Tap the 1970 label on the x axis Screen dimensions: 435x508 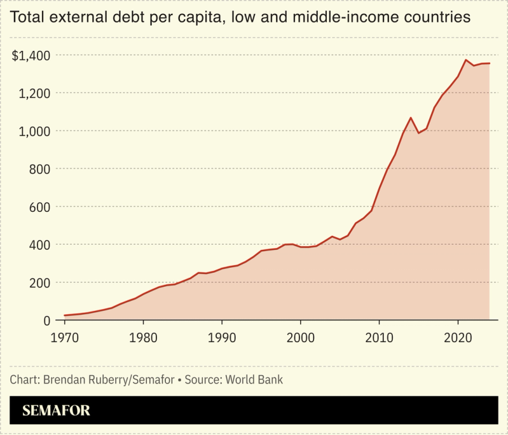coord(65,337)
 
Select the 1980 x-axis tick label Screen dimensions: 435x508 coord(144,337)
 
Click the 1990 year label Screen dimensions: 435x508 coord(222,337)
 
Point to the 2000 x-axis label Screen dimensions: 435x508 coord(301,337)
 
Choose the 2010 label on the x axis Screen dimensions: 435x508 coord(380,337)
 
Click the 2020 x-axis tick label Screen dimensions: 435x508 coord(458,337)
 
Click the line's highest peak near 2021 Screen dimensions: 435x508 coord(466,60)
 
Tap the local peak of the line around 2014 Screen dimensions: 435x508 coord(411,118)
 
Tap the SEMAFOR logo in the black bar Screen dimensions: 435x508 coord(57,410)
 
